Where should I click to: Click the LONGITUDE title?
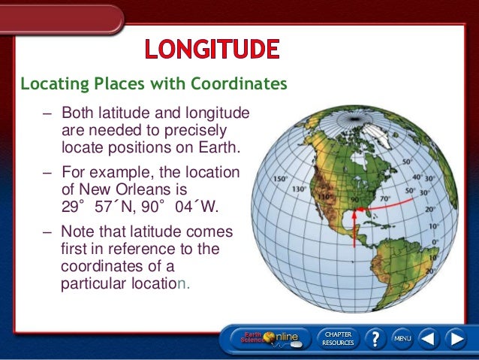coord(212,49)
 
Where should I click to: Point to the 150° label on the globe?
coord(279,180)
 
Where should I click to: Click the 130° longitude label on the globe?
coord(298,189)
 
